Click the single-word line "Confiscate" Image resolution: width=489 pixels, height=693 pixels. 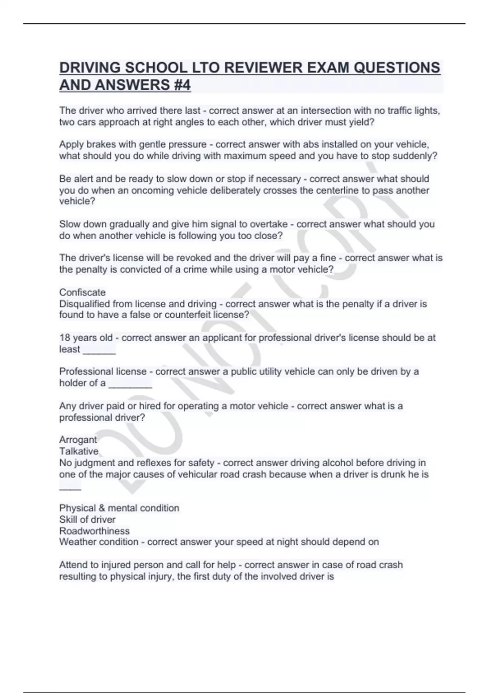pos(82,292)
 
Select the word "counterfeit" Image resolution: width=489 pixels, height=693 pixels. pos(187,315)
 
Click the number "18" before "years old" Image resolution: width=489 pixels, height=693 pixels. pos(65,338)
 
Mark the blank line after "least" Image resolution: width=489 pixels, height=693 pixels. pos(99,350)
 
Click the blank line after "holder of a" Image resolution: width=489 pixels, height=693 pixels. pos(130,384)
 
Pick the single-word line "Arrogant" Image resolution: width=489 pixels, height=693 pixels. pos(78,440)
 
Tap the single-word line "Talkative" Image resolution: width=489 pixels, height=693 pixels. pos(79,451)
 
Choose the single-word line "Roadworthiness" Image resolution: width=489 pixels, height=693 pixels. pos(95,531)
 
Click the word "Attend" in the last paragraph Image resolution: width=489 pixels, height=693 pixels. pos(73,565)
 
